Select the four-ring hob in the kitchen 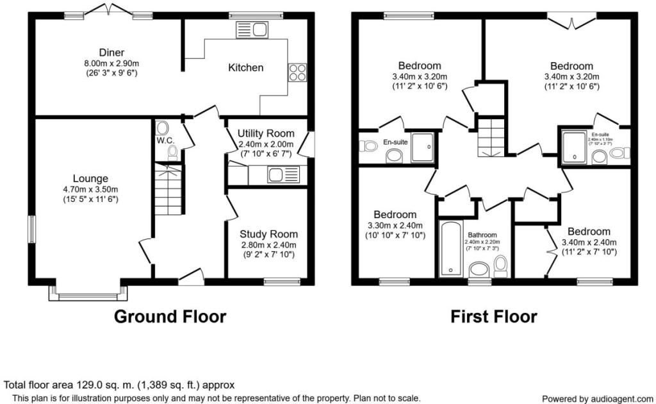[x=298, y=72]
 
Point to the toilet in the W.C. [x=172, y=153]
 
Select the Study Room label [x=268, y=234]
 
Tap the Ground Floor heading [x=170, y=316]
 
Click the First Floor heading [x=493, y=316]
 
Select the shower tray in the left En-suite [x=422, y=147]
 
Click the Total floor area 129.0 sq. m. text [x=119, y=385]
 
